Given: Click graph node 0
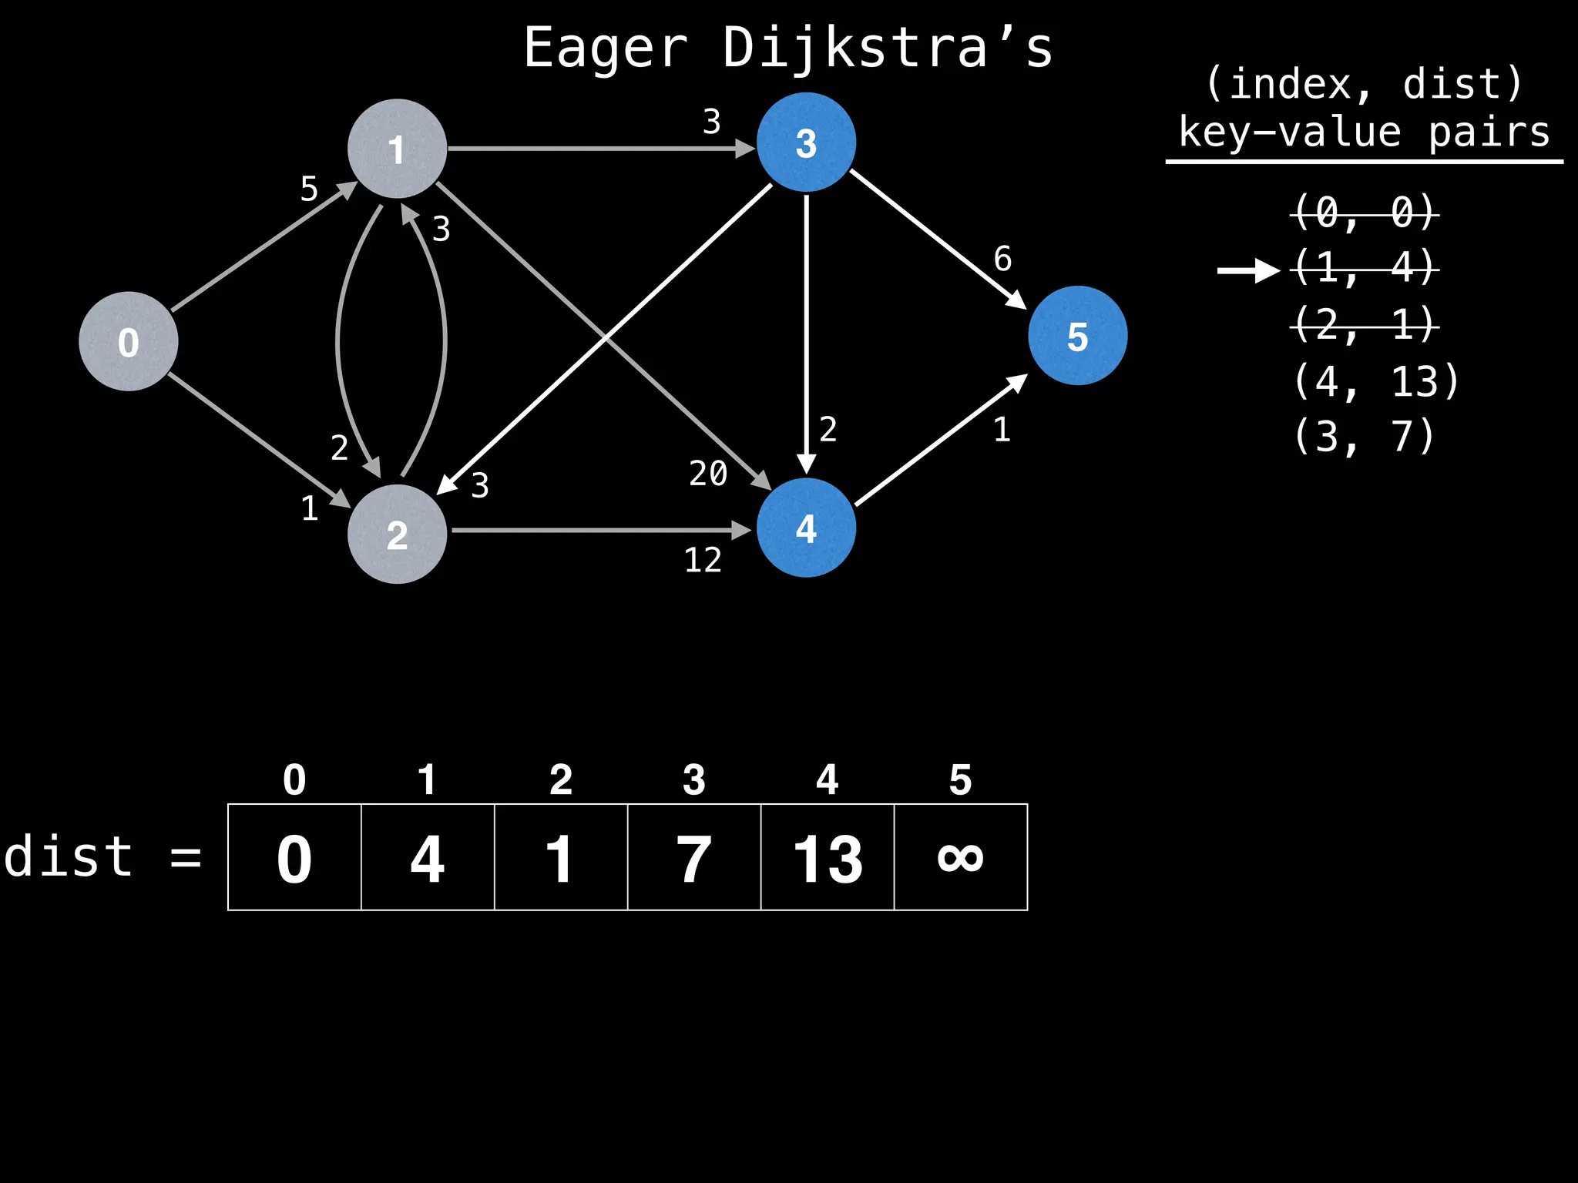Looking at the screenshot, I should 129,341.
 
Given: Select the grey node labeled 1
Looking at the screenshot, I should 397,149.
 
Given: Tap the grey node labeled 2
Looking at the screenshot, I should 397,534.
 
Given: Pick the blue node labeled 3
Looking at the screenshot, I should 806,142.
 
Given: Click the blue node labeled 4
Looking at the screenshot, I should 806,528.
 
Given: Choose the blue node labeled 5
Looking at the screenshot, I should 1077,336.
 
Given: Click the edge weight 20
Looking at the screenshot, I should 708,473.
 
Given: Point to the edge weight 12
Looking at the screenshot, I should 703,560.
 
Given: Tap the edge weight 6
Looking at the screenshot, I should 1002,259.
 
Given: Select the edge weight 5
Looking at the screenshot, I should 309,189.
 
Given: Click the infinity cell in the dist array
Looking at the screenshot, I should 960,857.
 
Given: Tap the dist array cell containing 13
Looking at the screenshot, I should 828,857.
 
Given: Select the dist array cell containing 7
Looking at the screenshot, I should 693,857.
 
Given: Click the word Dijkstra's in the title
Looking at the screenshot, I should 887,48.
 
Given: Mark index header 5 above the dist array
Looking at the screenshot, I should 960,779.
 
